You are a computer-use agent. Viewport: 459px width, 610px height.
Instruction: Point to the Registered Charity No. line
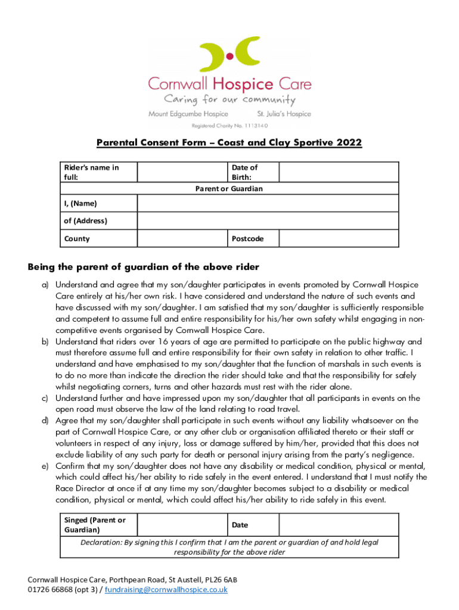coord(229,126)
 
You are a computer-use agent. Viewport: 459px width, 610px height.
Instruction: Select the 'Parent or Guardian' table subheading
coord(229,189)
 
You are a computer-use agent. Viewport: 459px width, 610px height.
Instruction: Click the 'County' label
coord(77,239)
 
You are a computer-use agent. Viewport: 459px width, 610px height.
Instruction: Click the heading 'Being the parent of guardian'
coord(144,266)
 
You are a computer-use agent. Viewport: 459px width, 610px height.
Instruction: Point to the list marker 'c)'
coord(45,398)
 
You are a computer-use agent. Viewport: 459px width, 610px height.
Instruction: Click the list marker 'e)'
coord(45,466)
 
